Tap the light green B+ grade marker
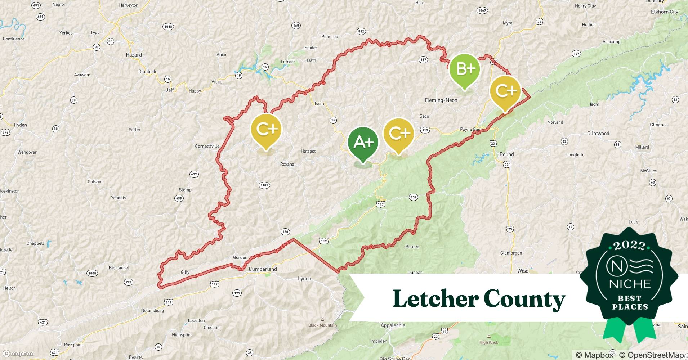point(465,69)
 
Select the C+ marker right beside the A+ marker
point(399,134)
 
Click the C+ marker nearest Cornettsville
point(266,130)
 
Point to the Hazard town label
point(134,55)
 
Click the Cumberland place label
point(263,269)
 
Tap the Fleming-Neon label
point(441,100)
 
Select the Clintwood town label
point(598,134)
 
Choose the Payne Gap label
point(470,130)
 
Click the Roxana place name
point(287,165)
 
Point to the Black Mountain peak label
point(322,325)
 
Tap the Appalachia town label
point(393,325)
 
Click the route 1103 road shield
point(264,185)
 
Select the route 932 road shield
point(414,197)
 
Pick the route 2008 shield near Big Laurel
point(92,273)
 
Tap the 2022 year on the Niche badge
point(629,246)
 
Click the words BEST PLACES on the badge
point(630,303)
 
